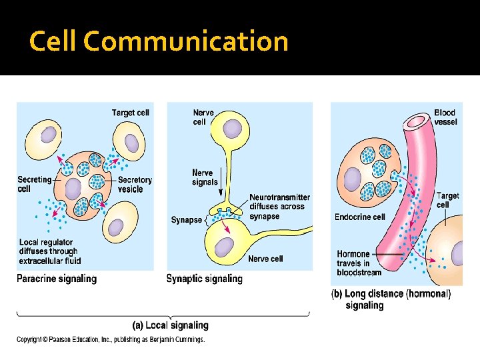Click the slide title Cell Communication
pyautogui.click(x=159, y=42)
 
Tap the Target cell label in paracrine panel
pyautogui.click(x=130, y=113)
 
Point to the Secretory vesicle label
pyautogui.click(x=135, y=184)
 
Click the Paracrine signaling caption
pyautogui.click(x=57, y=279)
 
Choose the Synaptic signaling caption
pyautogui.click(x=204, y=279)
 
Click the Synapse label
pyautogui.click(x=186, y=220)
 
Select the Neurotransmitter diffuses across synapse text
pyautogui.click(x=279, y=207)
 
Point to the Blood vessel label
pyautogui.click(x=445, y=117)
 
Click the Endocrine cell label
pyautogui.click(x=360, y=217)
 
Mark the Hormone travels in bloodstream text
pyautogui.click(x=359, y=263)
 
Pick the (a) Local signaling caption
pyautogui.click(x=171, y=325)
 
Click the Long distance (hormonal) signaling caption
pyautogui.click(x=391, y=299)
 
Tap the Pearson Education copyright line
pyautogui.click(x=111, y=340)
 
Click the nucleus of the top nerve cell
pyautogui.click(x=233, y=128)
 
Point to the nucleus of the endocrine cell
pyautogui.click(x=351, y=178)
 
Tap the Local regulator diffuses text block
pyautogui.click(x=49, y=251)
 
